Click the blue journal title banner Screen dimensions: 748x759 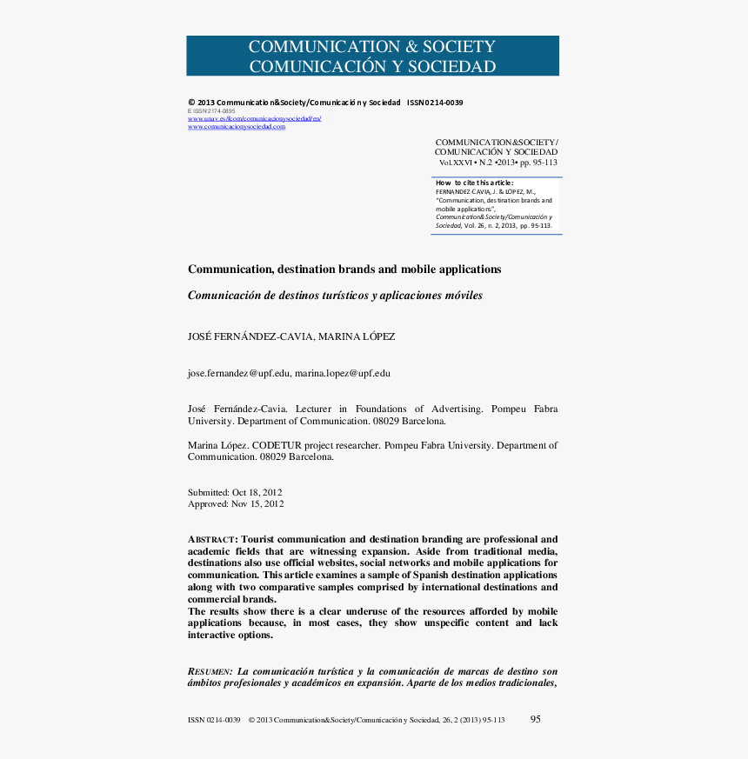372,57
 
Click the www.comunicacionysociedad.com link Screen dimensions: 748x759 237,127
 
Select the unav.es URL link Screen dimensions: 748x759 255,118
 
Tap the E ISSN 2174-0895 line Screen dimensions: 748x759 211,111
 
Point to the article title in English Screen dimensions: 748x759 344,270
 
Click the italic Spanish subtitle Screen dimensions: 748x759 335,296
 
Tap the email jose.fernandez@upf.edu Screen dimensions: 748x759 238,374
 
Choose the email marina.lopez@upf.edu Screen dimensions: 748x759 343,374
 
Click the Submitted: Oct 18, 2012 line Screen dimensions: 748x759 236,492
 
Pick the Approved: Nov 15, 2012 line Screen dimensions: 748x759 236,503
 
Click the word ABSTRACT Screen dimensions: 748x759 211,540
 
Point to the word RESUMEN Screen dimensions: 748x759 210,672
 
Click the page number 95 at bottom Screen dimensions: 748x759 536,719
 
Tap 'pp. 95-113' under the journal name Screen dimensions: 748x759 538,163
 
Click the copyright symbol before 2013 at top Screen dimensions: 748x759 191,103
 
